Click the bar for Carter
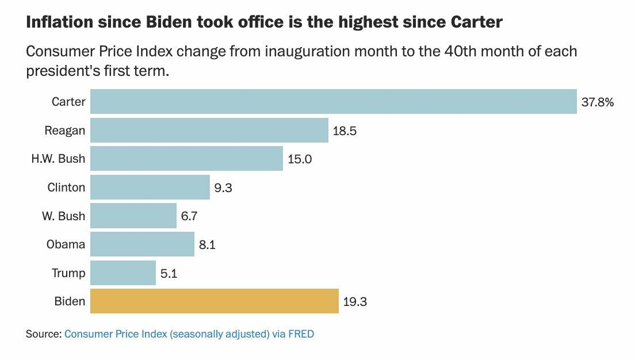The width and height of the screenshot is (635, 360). [x=334, y=102]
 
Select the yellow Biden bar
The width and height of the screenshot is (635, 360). [x=215, y=301]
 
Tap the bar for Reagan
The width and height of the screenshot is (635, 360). [x=209, y=131]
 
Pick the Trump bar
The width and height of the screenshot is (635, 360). [x=123, y=273]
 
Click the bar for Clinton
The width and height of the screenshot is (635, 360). [x=150, y=187]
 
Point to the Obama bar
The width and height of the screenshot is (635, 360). [x=143, y=244]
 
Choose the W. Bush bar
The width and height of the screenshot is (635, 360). [x=133, y=216]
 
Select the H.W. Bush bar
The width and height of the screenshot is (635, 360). [x=187, y=159]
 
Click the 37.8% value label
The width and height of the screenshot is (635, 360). [x=598, y=102]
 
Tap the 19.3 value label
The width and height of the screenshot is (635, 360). [x=355, y=302]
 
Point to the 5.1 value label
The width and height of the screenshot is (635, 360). [x=169, y=274]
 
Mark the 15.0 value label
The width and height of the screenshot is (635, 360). [x=300, y=159]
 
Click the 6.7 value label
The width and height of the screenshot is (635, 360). [x=190, y=216]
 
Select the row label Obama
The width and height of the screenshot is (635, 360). [x=66, y=244]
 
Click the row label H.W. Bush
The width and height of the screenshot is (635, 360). [x=58, y=159]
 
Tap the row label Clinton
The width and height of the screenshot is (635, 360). [x=66, y=187]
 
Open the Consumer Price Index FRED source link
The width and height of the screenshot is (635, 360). [x=189, y=334]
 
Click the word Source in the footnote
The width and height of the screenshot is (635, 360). [x=43, y=334]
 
